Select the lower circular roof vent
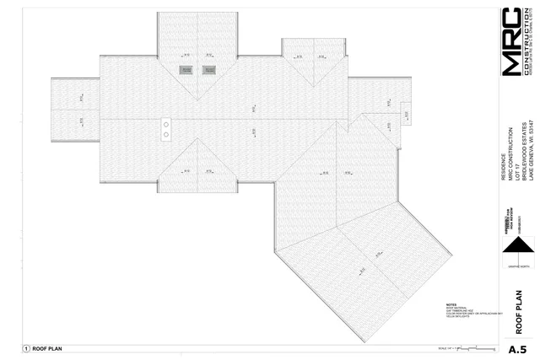(166, 134)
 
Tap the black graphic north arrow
(518, 246)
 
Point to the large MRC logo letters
(511, 42)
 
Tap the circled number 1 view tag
(26, 348)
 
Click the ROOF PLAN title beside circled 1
(46, 348)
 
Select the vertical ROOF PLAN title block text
(519, 313)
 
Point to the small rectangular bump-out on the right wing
(405, 114)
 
